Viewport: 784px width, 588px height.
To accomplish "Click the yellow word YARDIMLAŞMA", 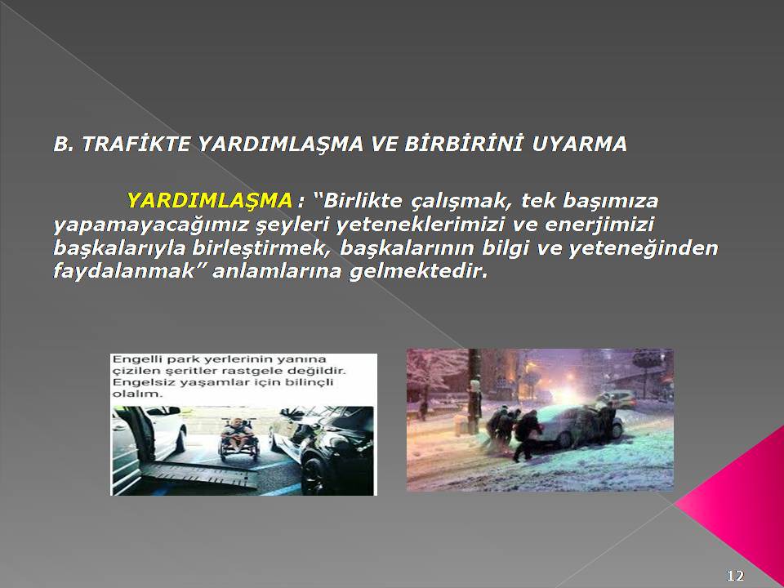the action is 210,201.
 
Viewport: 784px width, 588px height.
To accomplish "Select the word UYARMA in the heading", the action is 580,145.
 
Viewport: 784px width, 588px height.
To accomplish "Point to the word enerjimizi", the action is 599,225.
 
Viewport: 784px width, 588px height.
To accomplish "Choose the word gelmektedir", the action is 417,271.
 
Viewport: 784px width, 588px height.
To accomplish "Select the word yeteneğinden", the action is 644,248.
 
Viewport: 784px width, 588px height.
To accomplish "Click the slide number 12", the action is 735,576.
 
